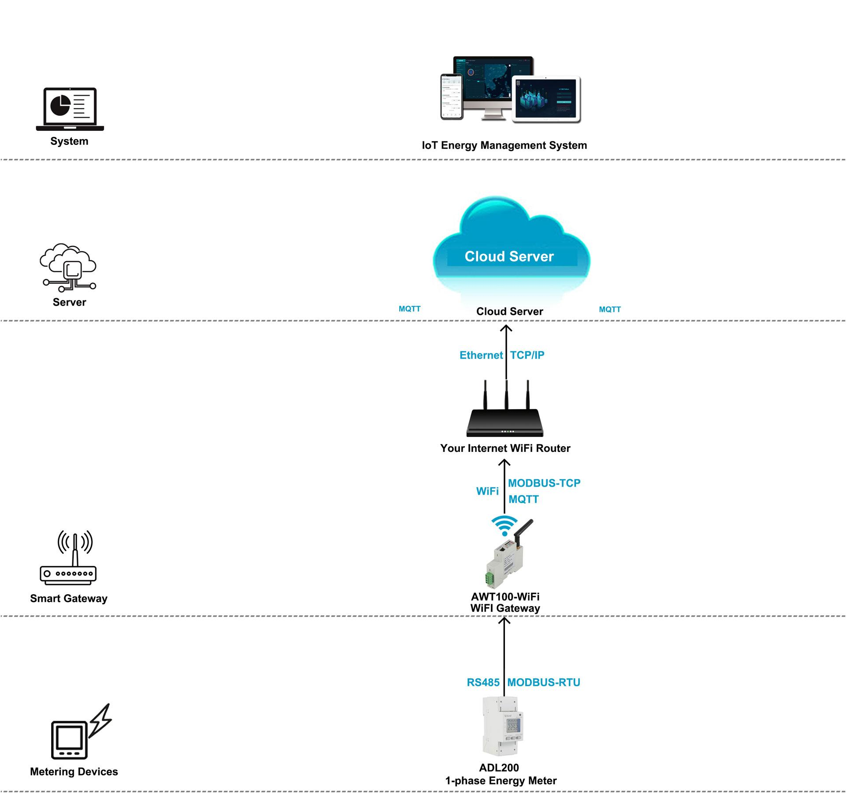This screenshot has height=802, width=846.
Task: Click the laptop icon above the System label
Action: pyautogui.click(x=70, y=109)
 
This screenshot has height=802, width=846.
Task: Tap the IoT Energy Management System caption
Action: pyautogui.click(x=504, y=145)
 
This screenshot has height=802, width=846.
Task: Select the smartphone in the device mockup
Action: pyautogui.click(x=452, y=96)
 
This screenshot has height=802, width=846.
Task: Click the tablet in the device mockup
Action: pyautogui.click(x=547, y=100)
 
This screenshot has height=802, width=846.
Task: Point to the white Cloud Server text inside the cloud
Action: pyautogui.click(x=509, y=256)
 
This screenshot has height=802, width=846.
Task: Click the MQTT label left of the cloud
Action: pyautogui.click(x=409, y=309)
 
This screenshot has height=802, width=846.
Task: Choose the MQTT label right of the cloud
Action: pyautogui.click(x=609, y=310)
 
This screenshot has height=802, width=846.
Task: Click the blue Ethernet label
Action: pyautogui.click(x=481, y=355)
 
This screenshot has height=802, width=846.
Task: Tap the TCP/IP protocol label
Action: pyautogui.click(x=527, y=355)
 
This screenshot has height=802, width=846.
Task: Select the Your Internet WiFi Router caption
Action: pyautogui.click(x=505, y=448)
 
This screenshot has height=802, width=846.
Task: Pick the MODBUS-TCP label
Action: pyautogui.click(x=544, y=483)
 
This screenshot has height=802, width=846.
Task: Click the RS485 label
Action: pyautogui.click(x=483, y=683)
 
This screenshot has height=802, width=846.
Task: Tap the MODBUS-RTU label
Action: pyautogui.click(x=544, y=683)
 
